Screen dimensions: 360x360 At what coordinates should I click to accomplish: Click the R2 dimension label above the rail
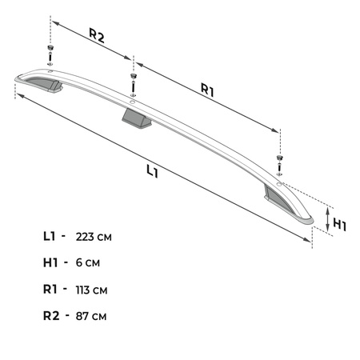pyautogui.click(x=97, y=35)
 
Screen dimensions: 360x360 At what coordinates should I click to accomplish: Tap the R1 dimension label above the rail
pyautogui.click(x=207, y=90)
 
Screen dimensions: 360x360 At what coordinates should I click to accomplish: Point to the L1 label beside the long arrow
pyautogui.click(x=153, y=171)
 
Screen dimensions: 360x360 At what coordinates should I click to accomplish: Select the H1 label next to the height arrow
pyautogui.click(x=340, y=225)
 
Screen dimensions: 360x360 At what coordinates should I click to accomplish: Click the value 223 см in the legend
pyautogui.click(x=94, y=237)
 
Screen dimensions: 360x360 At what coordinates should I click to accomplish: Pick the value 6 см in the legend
pyautogui.click(x=88, y=262)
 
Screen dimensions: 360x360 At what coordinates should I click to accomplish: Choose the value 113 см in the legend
pyautogui.click(x=91, y=290)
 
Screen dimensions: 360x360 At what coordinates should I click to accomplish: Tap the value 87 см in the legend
pyautogui.click(x=91, y=316)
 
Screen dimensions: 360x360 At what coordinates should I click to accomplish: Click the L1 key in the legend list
pyautogui.click(x=50, y=236)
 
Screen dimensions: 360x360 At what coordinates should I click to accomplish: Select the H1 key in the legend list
pyautogui.click(x=50, y=262)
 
